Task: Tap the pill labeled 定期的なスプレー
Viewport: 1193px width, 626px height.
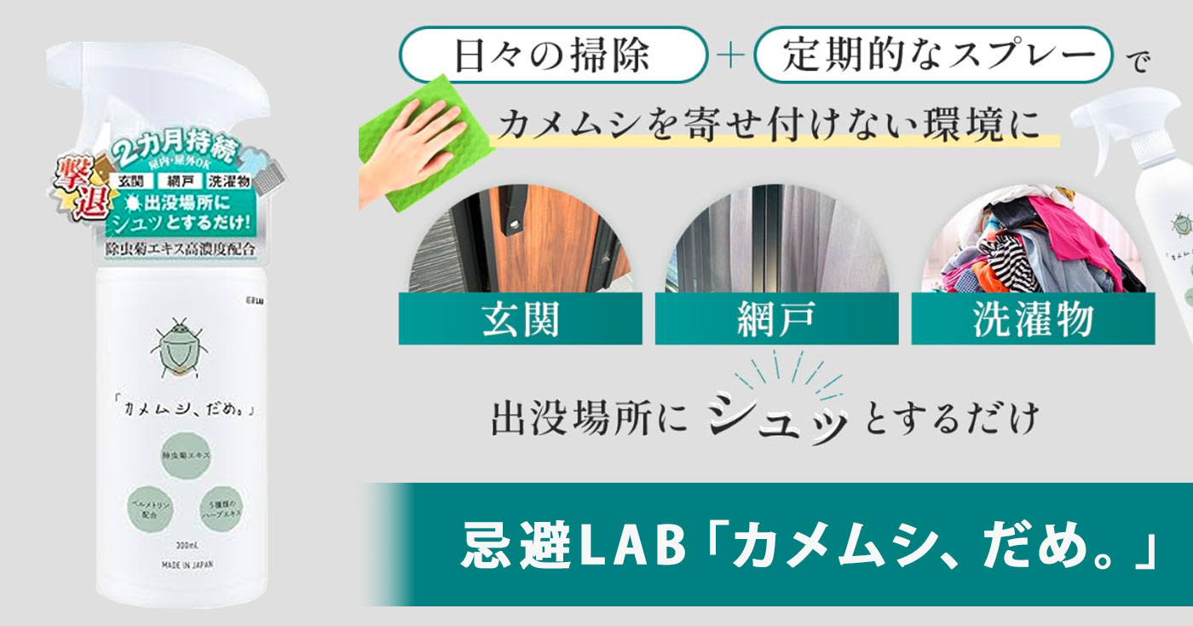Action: (934, 56)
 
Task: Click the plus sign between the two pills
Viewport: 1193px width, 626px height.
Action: (731, 57)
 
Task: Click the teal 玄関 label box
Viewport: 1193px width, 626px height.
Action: (520, 320)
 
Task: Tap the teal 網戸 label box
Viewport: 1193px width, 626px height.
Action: (775, 320)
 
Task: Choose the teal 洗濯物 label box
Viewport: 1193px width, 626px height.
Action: (1033, 320)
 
